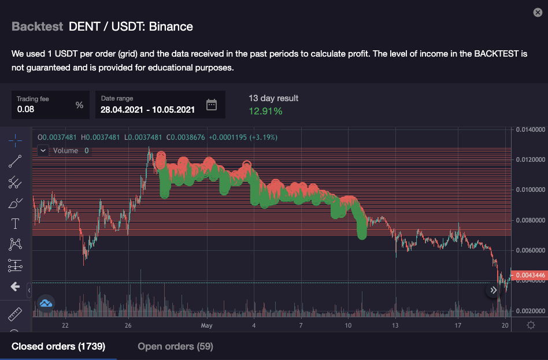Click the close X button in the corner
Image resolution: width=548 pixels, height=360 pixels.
(537, 12)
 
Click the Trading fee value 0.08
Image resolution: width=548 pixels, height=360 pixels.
(25, 109)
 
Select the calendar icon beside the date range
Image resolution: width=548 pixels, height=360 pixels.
(212, 105)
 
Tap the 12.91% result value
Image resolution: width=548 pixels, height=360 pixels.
(265, 111)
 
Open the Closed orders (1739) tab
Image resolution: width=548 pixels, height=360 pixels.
(58, 346)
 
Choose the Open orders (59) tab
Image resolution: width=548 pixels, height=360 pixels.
(175, 346)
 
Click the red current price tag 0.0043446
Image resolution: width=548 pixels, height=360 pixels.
(531, 275)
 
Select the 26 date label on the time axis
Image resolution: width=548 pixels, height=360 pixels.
(128, 326)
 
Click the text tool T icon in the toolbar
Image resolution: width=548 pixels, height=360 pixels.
(15, 224)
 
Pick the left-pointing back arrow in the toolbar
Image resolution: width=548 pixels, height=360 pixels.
(15, 287)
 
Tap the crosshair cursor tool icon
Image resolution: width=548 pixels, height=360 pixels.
(15, 140)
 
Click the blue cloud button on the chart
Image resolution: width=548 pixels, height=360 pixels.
(46, 302)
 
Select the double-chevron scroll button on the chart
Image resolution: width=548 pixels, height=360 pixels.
(493, 291)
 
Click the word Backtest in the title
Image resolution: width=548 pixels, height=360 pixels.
(37, 27)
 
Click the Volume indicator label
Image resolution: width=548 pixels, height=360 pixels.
(65, 151)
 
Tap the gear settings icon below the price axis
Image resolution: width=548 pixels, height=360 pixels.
(531, 325)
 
